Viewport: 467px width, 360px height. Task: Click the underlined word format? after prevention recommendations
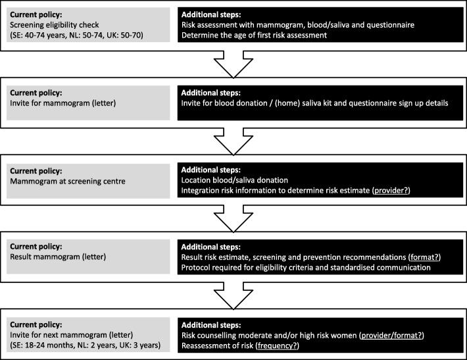pyautogui.click(x=417, y=257)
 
